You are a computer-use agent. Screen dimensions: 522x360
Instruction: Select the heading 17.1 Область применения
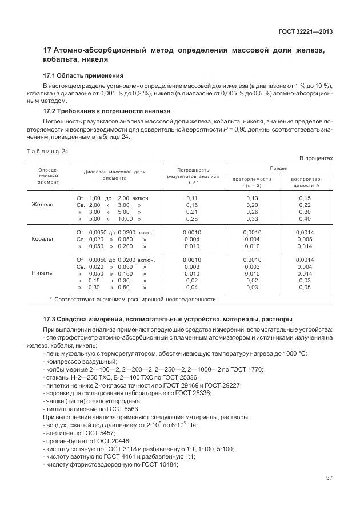pyautogui.click(x=83, y=75)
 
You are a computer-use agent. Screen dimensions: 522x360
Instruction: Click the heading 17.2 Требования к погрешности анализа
pyautogui.click(x=107, y=111)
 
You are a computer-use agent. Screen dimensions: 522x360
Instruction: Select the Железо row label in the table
pyautogui.click(x=42, y=204)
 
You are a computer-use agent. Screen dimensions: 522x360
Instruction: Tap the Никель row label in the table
pyautogui.click(x=42, y=273)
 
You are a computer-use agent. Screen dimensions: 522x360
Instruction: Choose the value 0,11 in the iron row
pyautogui.click(x=191, y=197)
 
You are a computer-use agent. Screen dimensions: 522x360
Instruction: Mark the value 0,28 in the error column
pyautogui.click(x=191, y=218)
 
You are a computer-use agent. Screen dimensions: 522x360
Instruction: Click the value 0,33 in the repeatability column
pyautogui.click(x=251, y=218)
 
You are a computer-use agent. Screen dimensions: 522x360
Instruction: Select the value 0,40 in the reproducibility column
pyautogui.click(x=305, y=218)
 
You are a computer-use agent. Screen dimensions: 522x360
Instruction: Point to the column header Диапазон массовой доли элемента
pyautogui.click(x=114, y=174)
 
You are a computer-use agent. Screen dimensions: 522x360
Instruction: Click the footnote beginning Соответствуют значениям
pyautogui.click(x=134, y=299)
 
